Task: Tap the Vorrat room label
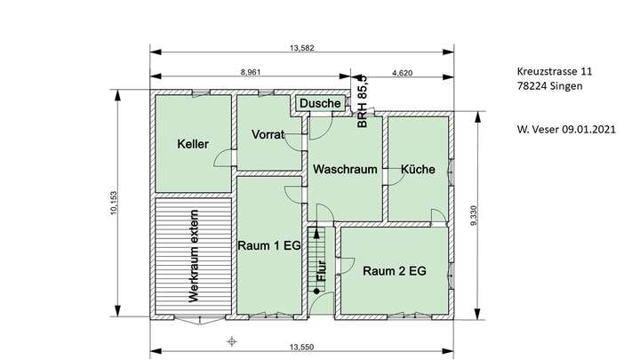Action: pos(268,135)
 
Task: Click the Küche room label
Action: pos(418,169)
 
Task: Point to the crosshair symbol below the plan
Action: pos(232,340)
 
